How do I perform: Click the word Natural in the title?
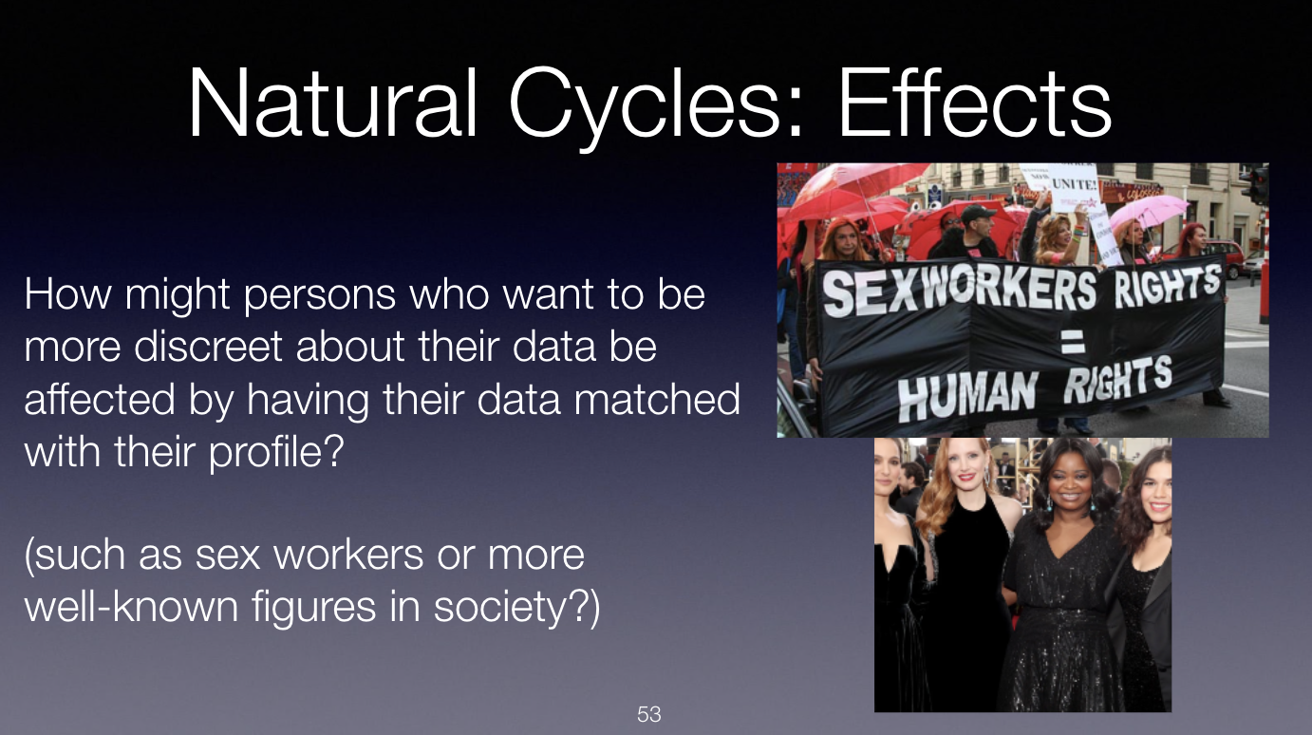click(x=332, y=104)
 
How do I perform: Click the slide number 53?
click(x=649, y=714)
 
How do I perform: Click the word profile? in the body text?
click(x=276, y=453)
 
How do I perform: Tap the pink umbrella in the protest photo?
click(x=1148, y=213)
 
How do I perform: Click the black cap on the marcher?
click(x=977, y=212)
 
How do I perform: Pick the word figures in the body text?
click(x=314, y=609)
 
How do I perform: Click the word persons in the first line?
click(x=320, y=295)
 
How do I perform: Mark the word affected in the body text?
click(x=100, y=399)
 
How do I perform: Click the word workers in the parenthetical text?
click(x=348, y=554)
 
